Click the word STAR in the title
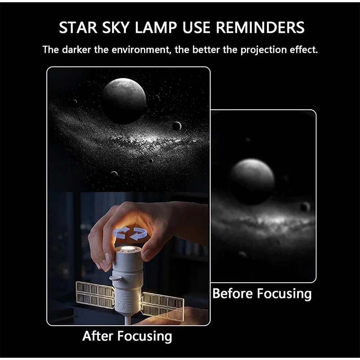click(x=78, y=27)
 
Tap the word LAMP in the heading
click(x=156, y=27)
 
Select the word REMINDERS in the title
click(x=260, y=27)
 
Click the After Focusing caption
click(x=127, y=336)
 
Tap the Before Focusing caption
click(x=262, y=294)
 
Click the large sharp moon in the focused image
click(x=124, y=101)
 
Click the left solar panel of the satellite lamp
click(x=95, y=295)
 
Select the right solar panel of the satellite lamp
click(x=162, y=305)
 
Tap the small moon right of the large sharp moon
click(x=176, y=126)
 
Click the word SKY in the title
click(x=116, y=27)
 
